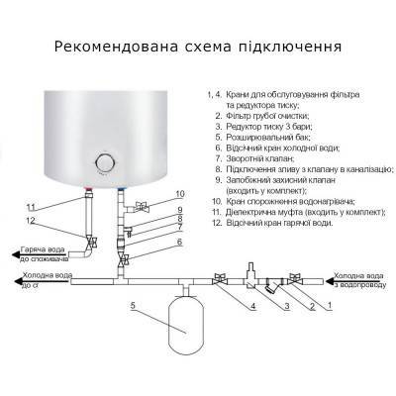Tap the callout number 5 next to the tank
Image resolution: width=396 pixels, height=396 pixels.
(x=132, y=303)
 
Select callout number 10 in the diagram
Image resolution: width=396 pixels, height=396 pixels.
(x=151, y=193)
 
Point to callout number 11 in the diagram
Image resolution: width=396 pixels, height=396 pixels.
(x=32, y=206)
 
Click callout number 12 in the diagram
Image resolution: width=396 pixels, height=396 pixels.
(x=32, y=220)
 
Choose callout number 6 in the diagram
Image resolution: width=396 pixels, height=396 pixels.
(x=151, y=242)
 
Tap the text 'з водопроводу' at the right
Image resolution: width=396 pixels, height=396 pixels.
(x=360, y=285)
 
